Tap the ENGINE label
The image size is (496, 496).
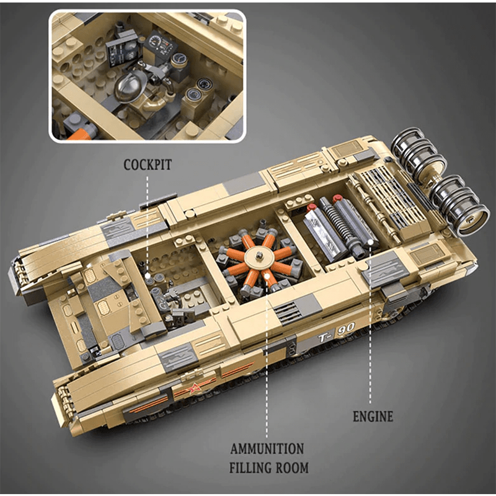coord(373,416)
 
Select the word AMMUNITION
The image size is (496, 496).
coord(267,448)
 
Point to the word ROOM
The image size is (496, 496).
coord(291,467)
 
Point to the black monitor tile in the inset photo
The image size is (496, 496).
coord(118,50)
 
